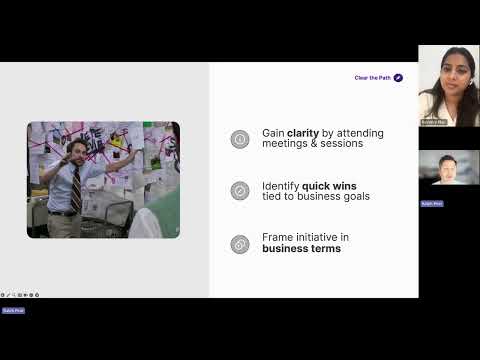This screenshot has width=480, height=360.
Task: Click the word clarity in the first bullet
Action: [x=303, y=133]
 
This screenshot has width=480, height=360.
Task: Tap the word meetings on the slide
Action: [x=286, y=144]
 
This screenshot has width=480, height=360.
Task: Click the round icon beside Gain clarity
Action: [x=239, y=139]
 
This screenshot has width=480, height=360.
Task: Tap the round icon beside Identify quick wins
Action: [x=239, y=190]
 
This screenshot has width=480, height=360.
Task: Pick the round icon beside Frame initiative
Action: [x=239, y=243]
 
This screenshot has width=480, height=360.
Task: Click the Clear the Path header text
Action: [x=372, y=77]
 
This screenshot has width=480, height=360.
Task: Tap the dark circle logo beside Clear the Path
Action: [x=398, y=77]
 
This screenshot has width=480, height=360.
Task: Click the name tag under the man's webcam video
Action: [x=431, y=203]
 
